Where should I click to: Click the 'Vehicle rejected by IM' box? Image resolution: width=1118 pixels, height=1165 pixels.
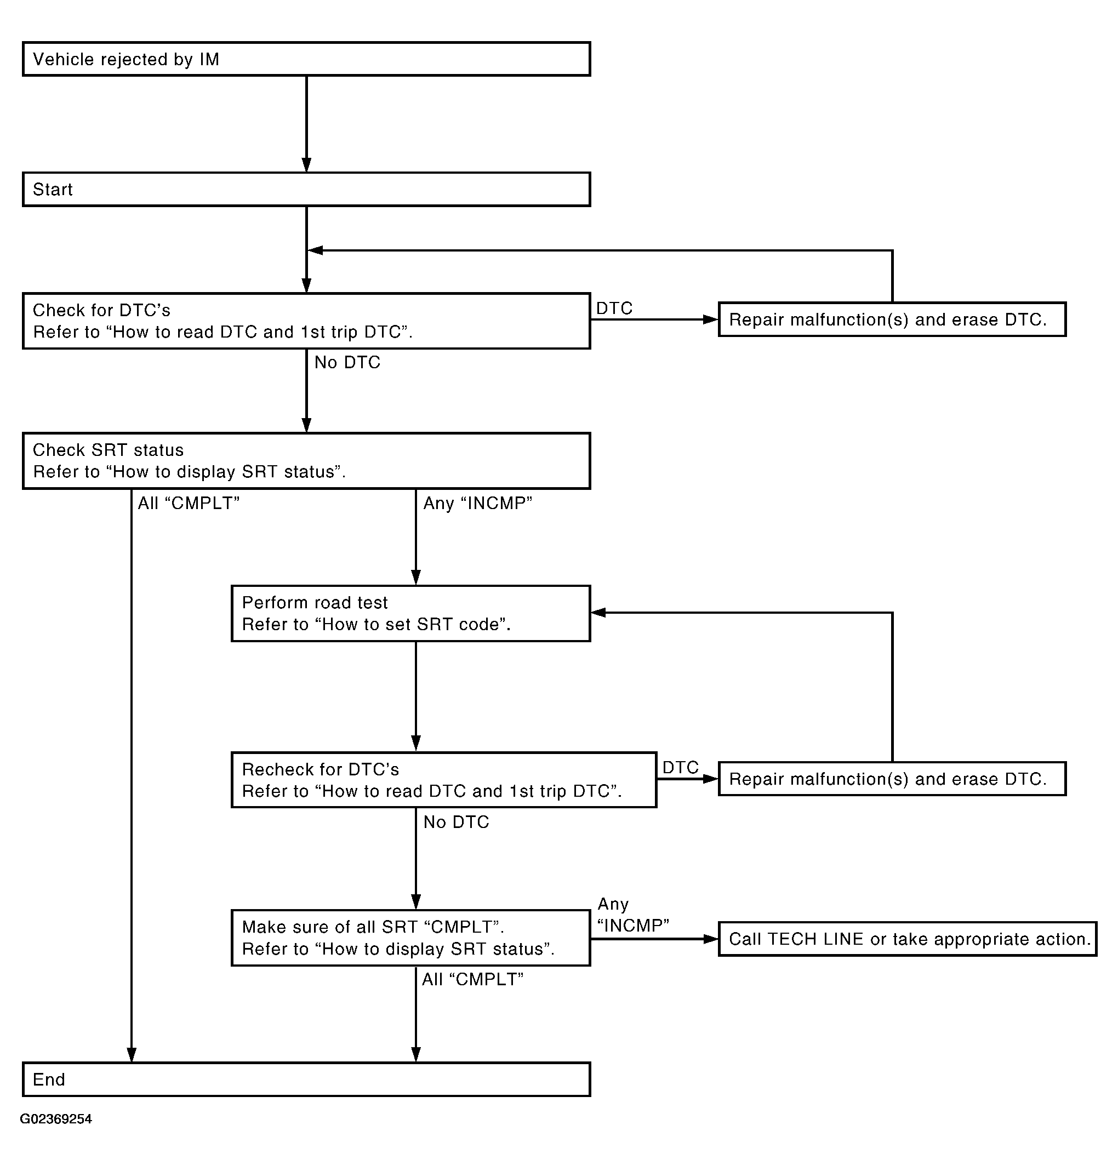[x=306, y=59]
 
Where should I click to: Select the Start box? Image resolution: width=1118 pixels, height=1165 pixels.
[x=306, y=190]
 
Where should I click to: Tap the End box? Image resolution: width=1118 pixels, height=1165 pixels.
[x=306, y=1080]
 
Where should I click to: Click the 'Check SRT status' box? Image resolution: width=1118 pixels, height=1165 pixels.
[x=306, y=461]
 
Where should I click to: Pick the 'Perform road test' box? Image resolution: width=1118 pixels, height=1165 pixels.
[x=410, y=613]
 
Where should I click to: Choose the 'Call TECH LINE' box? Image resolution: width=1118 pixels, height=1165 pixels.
[x=908, y=939]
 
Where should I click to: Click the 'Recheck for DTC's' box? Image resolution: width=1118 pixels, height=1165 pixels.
[x=444, y=780]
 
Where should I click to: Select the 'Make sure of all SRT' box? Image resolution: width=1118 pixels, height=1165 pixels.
[x=410, y=938]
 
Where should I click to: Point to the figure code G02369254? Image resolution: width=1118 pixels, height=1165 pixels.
[x=56, y=1119]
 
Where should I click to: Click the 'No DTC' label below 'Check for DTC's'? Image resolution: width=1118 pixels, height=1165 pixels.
[x=347, y=363]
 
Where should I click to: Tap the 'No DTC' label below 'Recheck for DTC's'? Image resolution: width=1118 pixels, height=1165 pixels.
[x=456, y=822]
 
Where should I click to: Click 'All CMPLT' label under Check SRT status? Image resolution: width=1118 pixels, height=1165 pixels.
[x=189, y=504]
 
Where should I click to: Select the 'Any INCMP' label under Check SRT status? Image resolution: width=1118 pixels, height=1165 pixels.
[x=477, y=504]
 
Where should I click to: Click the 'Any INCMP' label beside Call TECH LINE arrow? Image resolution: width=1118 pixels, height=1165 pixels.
[x=633, y=915]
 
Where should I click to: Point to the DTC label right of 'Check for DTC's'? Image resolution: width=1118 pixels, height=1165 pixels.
[x=614, y=309]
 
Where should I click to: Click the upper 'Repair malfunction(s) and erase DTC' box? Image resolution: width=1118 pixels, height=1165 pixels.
[x=892, y=319]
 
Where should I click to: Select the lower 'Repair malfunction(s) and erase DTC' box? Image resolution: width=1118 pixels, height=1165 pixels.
[x=892, y=779]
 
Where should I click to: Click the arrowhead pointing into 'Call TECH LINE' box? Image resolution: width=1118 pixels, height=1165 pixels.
[x=711, y=939]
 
